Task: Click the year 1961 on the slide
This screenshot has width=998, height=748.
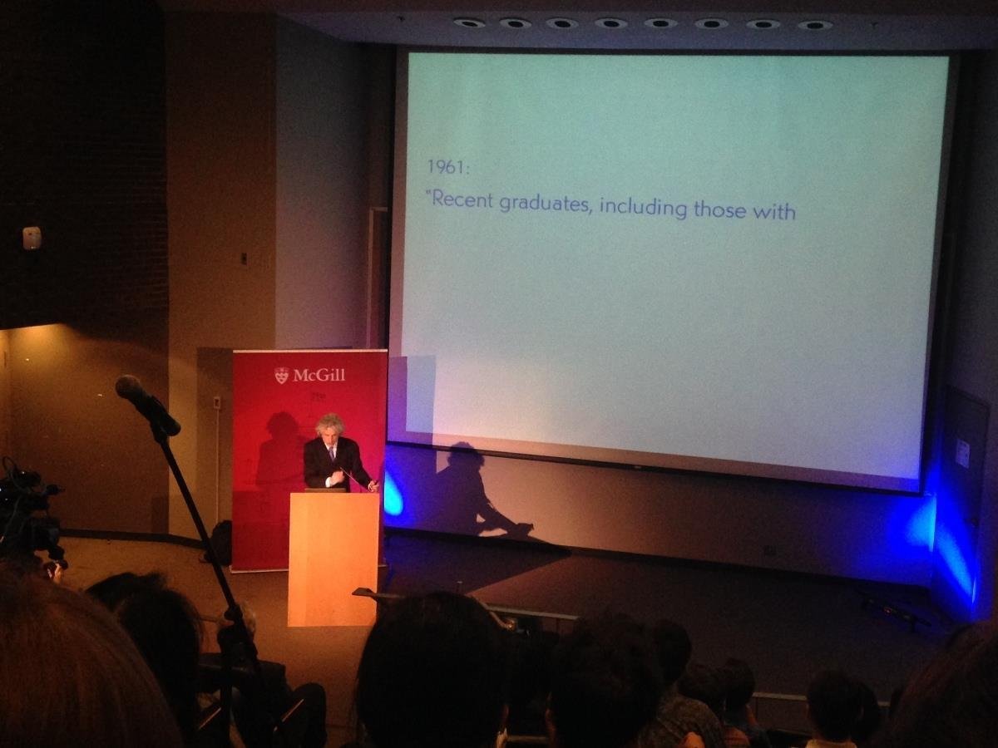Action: (x=447, y=167)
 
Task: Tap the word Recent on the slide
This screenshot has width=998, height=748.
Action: (x=462, y=199)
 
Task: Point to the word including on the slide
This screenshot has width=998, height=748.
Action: (x=644, y=207)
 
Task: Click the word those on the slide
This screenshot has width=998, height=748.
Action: (x=719, y=209)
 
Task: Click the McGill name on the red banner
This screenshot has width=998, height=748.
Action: (x=319, y=375)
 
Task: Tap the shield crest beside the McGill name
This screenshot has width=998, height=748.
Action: (x=281, y=376)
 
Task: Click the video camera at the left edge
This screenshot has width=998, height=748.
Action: (x=28, y=513)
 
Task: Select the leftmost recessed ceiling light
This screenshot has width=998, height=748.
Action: (x=469, y=22)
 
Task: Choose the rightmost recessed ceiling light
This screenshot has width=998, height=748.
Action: (x=815, y=25)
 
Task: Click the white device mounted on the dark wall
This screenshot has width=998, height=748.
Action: (x=32, y=238)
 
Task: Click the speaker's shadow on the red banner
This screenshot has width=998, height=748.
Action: (x=276, y=450)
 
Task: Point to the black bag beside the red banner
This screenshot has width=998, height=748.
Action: (x=221, y=543)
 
